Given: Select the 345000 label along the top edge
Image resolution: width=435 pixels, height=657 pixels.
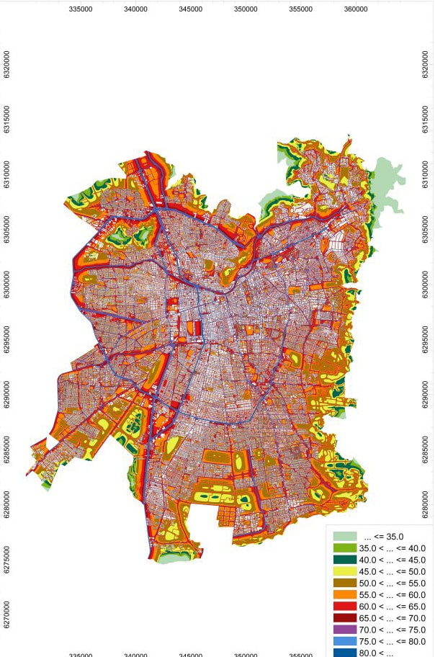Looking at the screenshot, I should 191,9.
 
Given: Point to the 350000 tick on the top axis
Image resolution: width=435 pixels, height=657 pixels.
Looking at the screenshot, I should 246,9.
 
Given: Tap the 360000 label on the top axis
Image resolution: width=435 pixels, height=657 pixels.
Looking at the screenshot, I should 356,9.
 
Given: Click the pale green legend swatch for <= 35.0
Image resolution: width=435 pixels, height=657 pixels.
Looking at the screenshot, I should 344,537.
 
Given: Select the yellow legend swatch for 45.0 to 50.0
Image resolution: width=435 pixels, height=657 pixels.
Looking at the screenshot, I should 344,571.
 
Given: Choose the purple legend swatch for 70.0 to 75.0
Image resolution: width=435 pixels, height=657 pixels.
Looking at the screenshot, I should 344,630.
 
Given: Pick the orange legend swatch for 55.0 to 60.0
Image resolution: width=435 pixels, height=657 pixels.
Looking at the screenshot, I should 344,594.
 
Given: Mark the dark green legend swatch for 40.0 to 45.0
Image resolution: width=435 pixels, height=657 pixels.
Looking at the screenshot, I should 344,560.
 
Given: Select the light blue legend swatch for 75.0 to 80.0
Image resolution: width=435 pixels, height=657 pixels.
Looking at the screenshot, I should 344,641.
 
